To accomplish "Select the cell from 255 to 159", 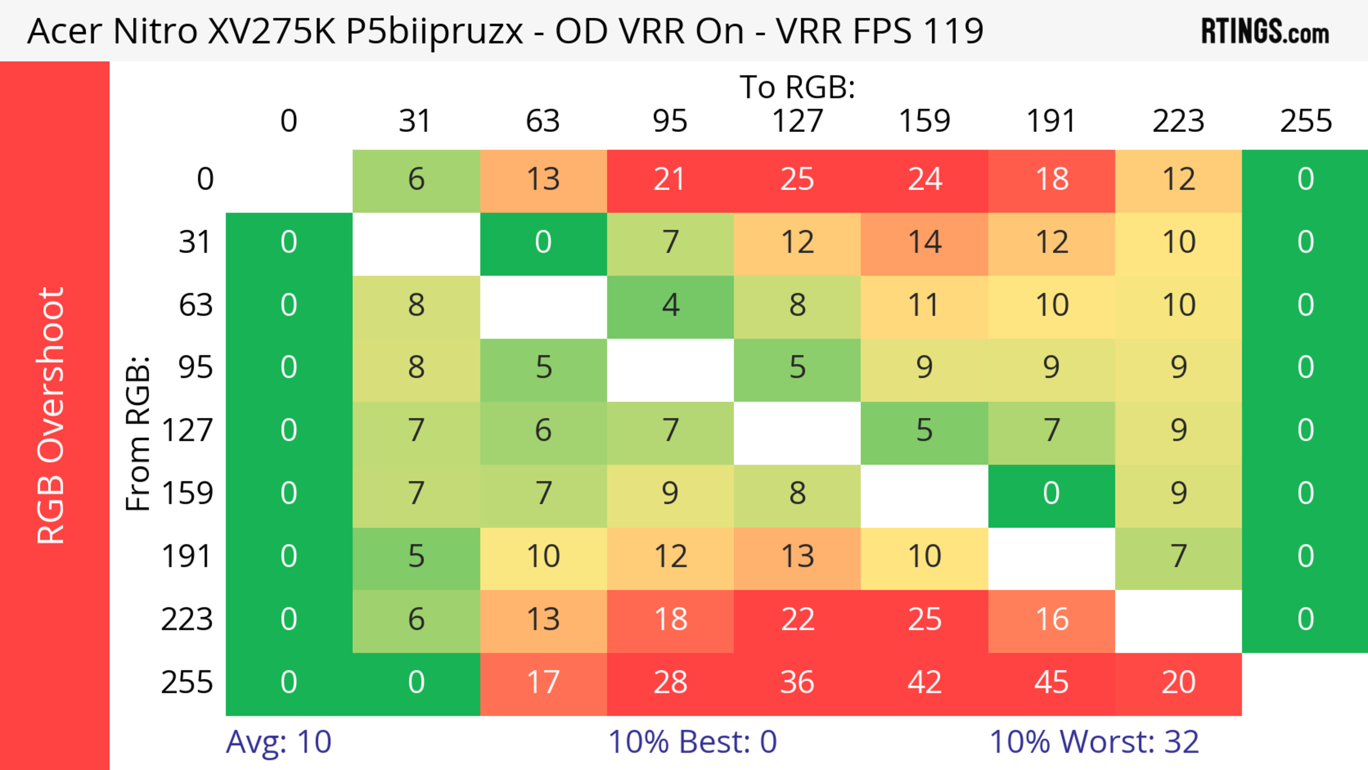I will coord(924,683).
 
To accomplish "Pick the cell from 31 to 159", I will coord(924,243).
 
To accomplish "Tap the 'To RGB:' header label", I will coord(797,87).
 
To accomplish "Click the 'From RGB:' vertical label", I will coord(138,433).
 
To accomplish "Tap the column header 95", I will coord(670,121).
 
